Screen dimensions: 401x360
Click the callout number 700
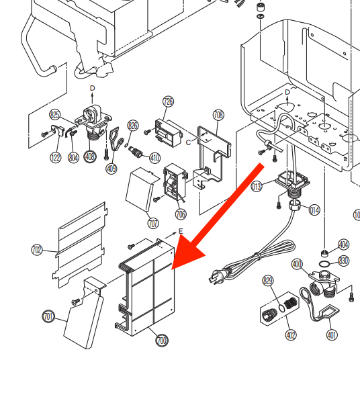click(162, 341)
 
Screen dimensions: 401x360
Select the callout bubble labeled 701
click(48, 316)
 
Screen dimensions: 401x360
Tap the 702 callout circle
click(38, 251)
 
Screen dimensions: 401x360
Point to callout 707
click(153, 223)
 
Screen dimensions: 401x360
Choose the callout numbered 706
click(181, 214)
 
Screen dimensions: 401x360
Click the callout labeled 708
click(218, 116)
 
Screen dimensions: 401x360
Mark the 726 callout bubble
click(168, 102)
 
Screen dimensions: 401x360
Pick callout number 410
click(155, 159)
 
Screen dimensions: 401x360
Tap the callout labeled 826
click(133, 126)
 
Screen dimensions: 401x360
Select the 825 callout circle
click(55, 115)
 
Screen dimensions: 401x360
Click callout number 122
click(55, 157)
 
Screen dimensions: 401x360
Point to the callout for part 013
click(256, 187)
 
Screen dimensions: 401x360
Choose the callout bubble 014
click(314, 210)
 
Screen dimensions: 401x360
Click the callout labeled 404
click(343, 245)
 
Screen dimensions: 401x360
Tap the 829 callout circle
click(268, 281)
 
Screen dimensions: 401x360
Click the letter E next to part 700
click(180, 231)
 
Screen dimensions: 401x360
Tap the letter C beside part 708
click(188, 142)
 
